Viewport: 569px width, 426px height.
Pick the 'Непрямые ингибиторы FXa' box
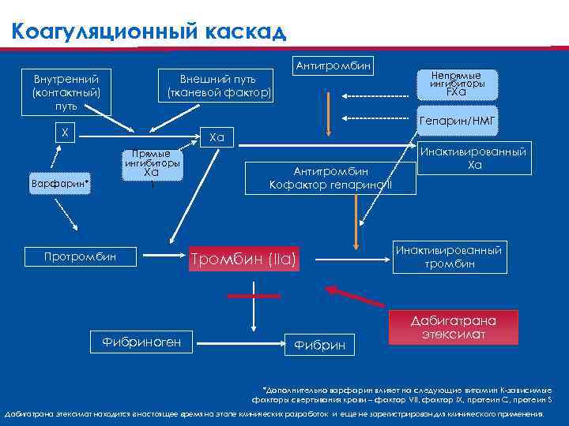457,84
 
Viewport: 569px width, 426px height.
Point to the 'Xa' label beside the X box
216,138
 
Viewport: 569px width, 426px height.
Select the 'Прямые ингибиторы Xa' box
152,165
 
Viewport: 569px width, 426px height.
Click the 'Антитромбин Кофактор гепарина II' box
330,177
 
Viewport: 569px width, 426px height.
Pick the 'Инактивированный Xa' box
474,159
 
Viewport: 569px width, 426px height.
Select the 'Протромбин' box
80,256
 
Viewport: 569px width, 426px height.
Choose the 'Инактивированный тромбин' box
448,257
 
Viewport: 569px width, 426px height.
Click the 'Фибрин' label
319,345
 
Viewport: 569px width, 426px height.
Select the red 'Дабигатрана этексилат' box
453,327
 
